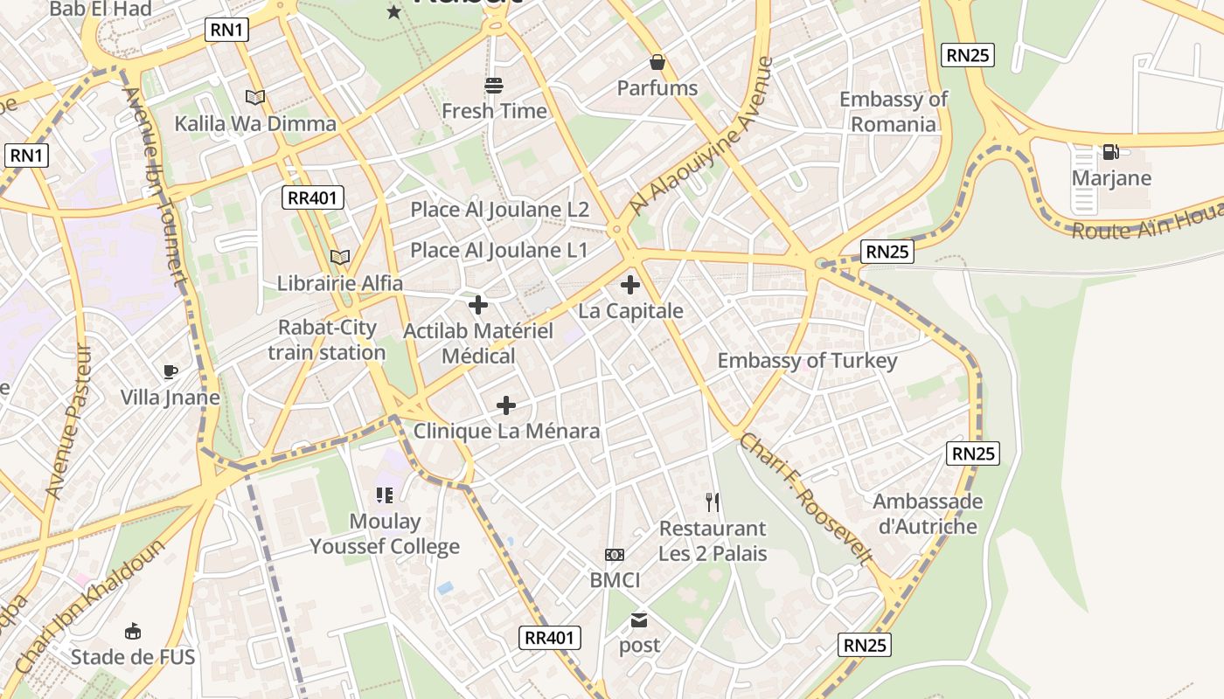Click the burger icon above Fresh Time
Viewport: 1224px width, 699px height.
494,86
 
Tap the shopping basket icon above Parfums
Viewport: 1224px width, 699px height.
657,62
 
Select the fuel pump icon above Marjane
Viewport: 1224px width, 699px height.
1110,152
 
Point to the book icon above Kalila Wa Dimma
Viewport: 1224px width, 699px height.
255,98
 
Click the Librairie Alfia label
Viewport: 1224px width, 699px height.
340,283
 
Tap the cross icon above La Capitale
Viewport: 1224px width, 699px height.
629,285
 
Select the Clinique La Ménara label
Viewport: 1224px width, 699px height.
506,431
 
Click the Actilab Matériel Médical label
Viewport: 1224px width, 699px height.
478,343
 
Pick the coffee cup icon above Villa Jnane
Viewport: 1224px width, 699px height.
170,372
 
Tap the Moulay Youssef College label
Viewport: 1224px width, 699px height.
385,534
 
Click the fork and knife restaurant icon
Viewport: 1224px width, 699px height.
713,502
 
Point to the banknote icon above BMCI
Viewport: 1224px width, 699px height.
615,555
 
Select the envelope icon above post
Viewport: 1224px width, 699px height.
639,620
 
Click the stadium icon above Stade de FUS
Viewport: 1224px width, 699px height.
133,631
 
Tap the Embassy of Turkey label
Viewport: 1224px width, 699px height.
807,361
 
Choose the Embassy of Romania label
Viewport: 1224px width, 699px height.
894,112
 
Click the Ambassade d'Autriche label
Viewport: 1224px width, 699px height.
928,514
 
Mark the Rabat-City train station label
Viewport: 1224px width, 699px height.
327,340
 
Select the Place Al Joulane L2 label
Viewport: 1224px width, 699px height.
500,210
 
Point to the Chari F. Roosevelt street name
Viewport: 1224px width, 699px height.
805,500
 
